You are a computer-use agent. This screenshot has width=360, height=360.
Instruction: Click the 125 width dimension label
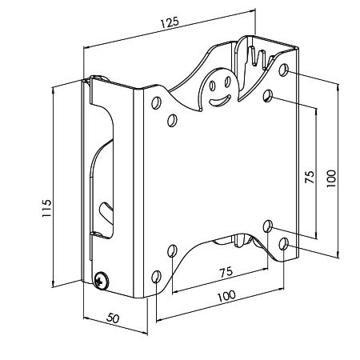coord(170,22)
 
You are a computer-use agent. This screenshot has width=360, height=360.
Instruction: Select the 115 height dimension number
coord(46,208)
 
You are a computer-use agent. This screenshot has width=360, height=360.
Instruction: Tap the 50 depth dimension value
coord(113,318)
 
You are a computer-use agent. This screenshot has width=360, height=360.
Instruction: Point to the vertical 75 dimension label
coord(310,177)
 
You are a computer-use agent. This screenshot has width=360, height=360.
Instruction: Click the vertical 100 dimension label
coord(331,178)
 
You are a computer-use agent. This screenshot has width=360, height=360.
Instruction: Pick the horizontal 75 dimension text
coord(226,272)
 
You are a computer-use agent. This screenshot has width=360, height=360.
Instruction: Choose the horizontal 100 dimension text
coord(226,296)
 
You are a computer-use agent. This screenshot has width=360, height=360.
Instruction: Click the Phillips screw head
coord(102,281)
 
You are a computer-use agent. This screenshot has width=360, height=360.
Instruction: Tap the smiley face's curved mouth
coord(220,101)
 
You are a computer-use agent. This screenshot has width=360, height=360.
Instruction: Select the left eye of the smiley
coord(212,86)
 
